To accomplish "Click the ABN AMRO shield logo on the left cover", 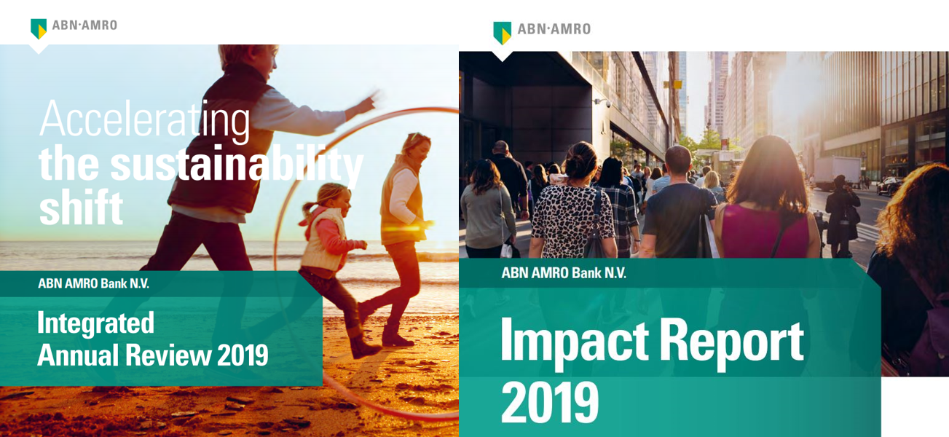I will point(39,28).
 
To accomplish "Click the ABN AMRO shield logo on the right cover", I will point(502,32).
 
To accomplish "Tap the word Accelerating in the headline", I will point(144,119).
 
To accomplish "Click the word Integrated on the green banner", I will point(95,323).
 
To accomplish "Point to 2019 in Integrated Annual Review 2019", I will point(243,355).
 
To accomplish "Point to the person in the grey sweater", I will point(487,211).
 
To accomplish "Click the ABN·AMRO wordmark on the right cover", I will point(554,29).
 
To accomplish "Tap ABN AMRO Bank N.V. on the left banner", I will point(93,283).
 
